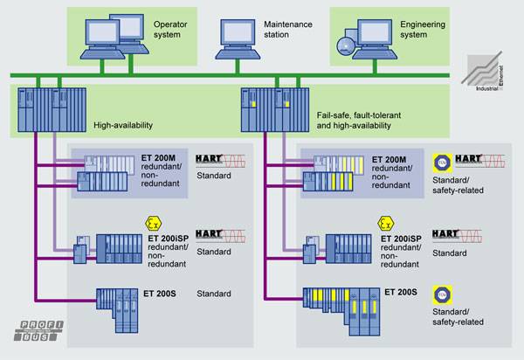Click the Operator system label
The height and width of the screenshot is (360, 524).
(172, 31)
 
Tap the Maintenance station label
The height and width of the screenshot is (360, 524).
(288, 31)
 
